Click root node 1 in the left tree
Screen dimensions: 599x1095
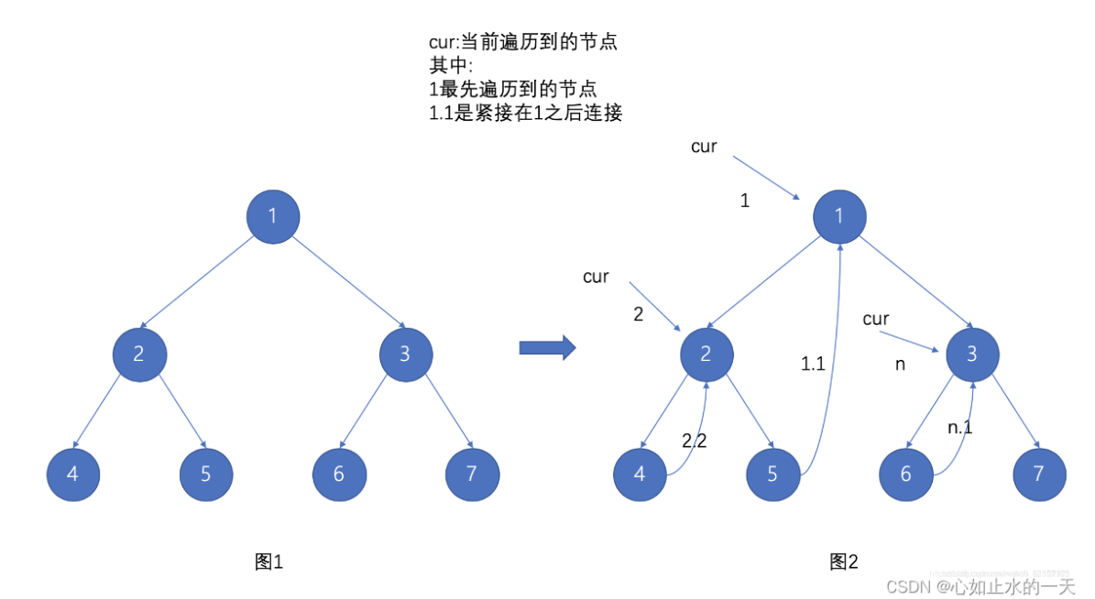coord(272,216)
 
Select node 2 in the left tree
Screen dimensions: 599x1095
coord(139,353)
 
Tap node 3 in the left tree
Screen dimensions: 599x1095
coord(405,353)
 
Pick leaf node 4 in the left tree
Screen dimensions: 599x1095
coord(73,474)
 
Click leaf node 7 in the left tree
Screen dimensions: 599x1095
coord(472,474)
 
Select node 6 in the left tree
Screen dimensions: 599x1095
coord(339,474)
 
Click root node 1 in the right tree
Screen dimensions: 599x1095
coord(839,216)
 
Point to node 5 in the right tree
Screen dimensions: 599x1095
coord(773,474)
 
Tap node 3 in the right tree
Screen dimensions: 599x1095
coord(972,353)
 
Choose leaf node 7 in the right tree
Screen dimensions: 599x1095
coord(1039,474)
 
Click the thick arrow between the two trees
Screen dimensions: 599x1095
coord(546,347)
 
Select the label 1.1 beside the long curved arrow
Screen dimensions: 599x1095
coord(813,364)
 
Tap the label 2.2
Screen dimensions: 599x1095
coord(694,441)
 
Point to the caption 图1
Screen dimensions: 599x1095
coord(268,561)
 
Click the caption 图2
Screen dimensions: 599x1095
coord(843,561)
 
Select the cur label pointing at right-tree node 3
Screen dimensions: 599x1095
coord(876,319)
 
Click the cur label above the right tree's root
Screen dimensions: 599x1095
coord(704,147)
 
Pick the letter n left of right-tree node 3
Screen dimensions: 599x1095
coord(900,364)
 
